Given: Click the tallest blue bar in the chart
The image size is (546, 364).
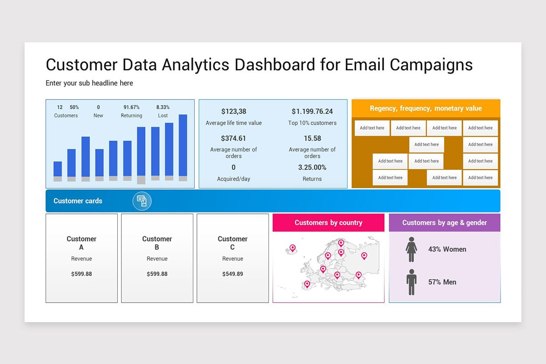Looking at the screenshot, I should [183, 145].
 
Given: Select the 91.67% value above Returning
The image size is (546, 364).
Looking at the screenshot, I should [131, 107].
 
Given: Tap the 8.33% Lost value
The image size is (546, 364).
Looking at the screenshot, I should [163, 107].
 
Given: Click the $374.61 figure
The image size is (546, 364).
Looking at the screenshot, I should [233, 138].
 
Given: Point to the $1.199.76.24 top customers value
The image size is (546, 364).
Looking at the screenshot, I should [312, 111].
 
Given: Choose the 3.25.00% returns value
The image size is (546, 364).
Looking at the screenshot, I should [312, 167].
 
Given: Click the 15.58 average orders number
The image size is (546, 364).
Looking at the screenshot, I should [312, 138].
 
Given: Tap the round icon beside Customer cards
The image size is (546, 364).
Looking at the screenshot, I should [142, 201].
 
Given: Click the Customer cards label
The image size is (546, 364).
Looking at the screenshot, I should [78, 201].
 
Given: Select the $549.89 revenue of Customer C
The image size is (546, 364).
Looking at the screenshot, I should [233, 274].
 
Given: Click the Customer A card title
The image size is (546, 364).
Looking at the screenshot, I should [81, 243].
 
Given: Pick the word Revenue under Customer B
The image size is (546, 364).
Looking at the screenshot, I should [157, 259].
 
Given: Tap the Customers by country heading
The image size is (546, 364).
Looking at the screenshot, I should [329, 223].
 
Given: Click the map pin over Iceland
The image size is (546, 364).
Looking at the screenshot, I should [293, 248].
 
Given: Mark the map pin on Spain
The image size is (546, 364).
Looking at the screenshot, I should [307, 284].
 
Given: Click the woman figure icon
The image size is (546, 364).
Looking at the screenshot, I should [411, 249].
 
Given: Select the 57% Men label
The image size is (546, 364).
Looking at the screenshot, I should [442, 282].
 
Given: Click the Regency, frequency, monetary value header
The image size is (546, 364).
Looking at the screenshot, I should [426, 109].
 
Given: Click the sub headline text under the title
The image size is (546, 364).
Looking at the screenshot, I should [89, 83].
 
